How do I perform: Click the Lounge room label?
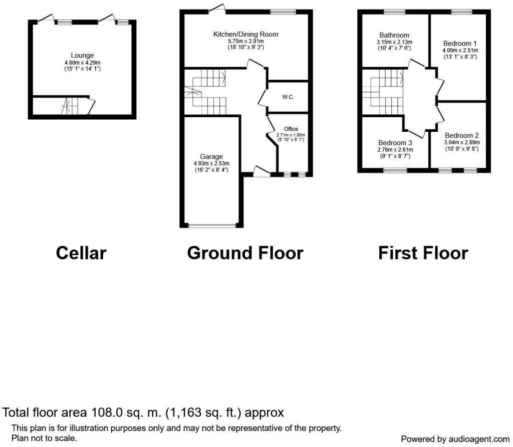(82, 55)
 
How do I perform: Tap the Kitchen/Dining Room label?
(245, 34)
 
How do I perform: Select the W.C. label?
(288, 97)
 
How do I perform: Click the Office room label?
(291, 129)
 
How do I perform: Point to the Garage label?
(211, 156)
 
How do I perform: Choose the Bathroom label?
(394, 35)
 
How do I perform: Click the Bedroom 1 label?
(460, 44)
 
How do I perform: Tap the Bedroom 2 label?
(461, 135)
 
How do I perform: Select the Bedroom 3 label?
(395, 142)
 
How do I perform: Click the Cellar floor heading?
(81, 253)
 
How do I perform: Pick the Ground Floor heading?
(245, 253)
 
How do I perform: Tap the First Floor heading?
(423, 253)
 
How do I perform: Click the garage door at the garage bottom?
(211, 226)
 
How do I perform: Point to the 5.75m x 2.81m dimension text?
(245, 41)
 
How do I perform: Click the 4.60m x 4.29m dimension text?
(82, 62)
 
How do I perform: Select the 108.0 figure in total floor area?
(107, 413)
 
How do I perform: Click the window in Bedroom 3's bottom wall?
(395, 170)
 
